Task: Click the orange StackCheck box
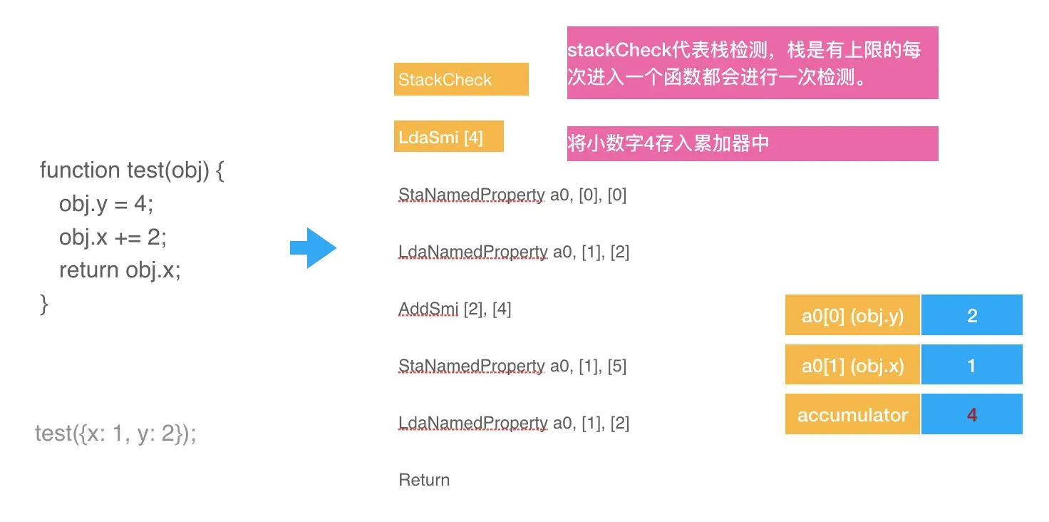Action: click(461, 79)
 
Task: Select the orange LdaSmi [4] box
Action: click(448, 137)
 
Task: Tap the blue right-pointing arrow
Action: click(313, 248)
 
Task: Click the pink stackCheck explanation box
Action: click(752, 63)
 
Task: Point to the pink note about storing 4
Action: click(752, 143)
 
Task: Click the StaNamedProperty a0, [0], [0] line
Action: click(512, 195)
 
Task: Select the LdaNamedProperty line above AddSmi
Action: click(514, 252)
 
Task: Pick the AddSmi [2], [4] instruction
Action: click(455, 309)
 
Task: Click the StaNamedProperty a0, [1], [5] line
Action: click(512, 366)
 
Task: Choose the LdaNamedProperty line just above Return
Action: click(514, 423)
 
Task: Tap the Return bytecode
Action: click(424, 480)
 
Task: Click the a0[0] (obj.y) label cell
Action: click(852, 315)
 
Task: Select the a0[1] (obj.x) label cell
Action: click(852, 366)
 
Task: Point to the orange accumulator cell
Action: click(852, 414)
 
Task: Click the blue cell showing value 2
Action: click(971, 315)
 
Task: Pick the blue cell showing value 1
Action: click(971, 366)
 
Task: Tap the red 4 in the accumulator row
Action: click(971, 414)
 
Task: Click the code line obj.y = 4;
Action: click(106, 204)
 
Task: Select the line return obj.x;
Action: click(120, 270)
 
